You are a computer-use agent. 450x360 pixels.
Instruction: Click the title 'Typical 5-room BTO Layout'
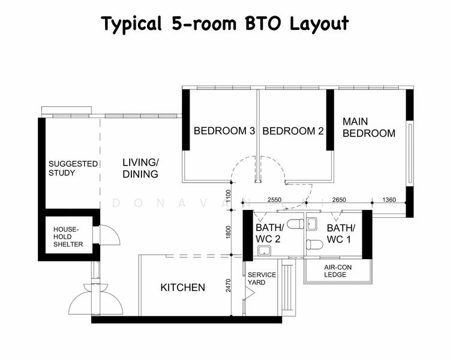[224, 23]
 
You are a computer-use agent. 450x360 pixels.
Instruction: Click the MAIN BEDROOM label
[368, 127]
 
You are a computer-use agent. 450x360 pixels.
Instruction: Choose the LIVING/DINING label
[140, 168]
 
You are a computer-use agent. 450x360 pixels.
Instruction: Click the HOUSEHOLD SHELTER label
[68, 237]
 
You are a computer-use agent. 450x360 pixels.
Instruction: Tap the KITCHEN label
[182, 288]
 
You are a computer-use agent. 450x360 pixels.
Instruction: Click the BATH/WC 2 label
[269, 233]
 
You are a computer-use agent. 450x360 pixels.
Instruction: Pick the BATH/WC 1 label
[341, 233]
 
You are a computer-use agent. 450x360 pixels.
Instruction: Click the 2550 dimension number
[274, 200]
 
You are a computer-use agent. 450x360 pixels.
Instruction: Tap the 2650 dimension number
[339, 200]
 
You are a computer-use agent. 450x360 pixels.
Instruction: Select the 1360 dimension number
[389, 200]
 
